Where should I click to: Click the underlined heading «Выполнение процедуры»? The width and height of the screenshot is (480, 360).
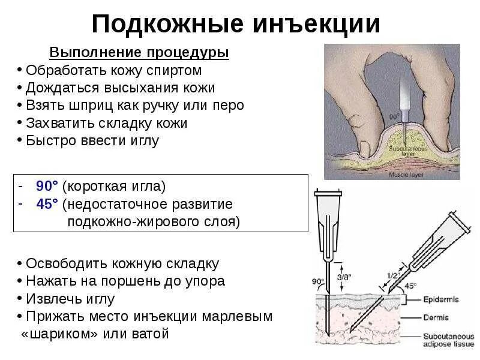coord(139,53)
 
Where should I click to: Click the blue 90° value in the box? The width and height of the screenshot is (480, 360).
coord(47,187)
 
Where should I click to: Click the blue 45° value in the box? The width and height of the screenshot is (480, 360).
coord(47,204)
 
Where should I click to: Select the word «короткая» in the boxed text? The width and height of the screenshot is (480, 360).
coord(97,187)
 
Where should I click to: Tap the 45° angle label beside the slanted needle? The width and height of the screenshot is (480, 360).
coord(410,286)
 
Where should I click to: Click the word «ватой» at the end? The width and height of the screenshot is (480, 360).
coord(150,334)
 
